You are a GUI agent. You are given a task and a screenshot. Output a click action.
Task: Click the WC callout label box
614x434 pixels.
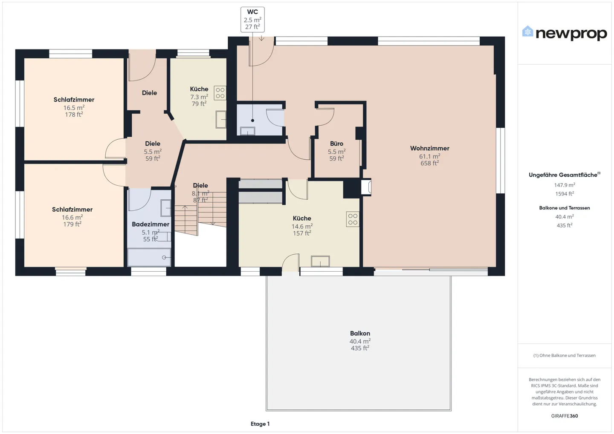coord(252,20)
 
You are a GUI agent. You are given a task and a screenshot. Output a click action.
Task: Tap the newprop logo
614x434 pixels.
coord(564,33)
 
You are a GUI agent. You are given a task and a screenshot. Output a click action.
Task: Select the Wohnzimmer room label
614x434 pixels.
coord(429,148)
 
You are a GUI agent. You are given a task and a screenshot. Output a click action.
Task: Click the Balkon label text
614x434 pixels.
coord(360,333)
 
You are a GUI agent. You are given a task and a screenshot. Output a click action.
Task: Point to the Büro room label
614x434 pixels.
coord(336,144)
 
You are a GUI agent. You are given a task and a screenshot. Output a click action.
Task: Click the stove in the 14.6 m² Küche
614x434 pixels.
coord(353,219)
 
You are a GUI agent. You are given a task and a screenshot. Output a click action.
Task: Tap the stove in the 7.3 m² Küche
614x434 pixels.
coord(220,93)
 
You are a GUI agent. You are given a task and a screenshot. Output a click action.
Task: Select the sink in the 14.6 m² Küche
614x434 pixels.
coord(320,261)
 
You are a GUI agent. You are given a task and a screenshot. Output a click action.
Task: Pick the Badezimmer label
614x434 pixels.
coord(151,224)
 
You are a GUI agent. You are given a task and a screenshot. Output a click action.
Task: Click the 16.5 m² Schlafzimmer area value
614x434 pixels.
coord(74,108)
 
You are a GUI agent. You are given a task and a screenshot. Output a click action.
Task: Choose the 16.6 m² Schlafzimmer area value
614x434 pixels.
coord(72,217)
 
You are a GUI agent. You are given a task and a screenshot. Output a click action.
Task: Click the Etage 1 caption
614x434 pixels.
coord(260,424)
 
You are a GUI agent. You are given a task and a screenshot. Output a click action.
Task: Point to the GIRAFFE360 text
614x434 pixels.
coord(564,416)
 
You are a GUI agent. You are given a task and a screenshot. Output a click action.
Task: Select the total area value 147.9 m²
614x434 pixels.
coord(564,185)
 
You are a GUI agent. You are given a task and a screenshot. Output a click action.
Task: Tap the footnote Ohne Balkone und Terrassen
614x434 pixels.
coord(564,355)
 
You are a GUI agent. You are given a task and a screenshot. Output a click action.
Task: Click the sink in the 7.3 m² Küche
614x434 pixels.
coord(220,120)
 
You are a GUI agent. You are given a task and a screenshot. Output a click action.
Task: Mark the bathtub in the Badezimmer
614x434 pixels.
coord(149,257)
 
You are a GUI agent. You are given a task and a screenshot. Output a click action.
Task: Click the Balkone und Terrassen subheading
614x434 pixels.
coord(564,208)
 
